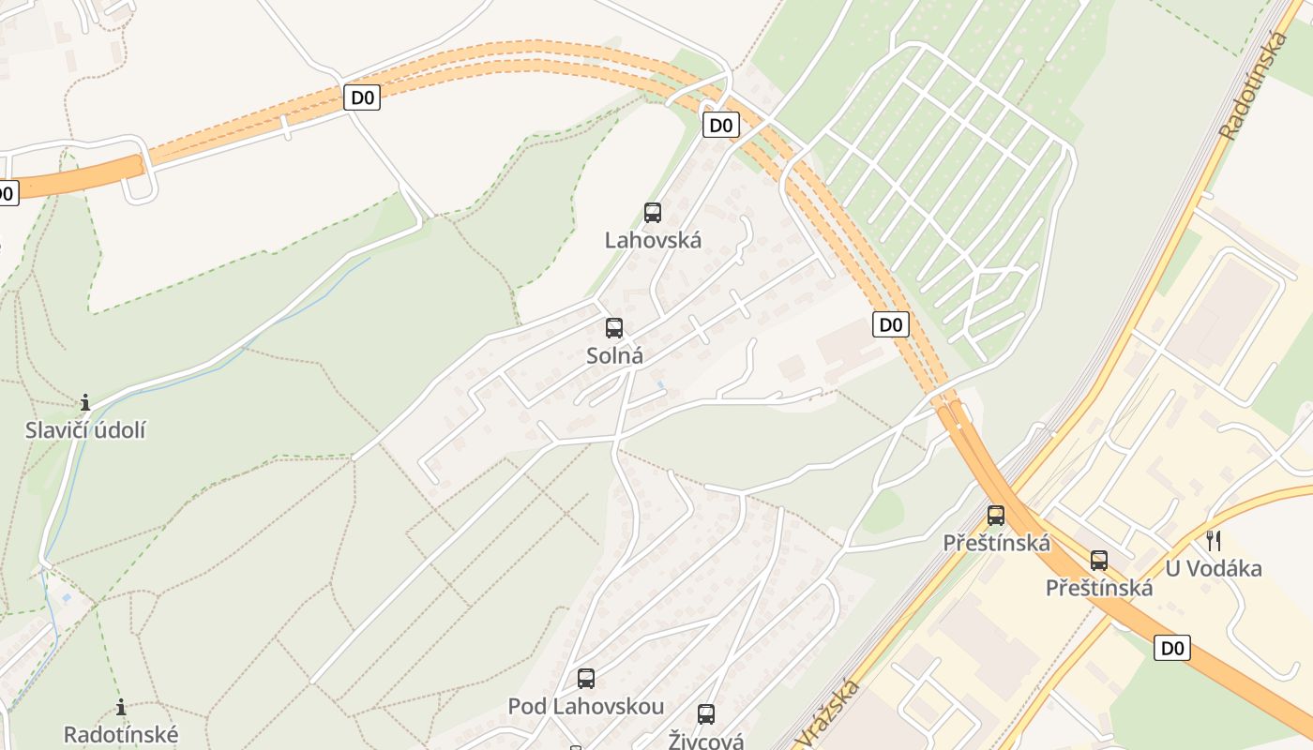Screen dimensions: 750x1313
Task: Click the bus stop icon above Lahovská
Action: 653,213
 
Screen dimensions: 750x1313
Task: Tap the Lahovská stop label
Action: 653,240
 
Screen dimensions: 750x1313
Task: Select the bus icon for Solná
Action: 614,328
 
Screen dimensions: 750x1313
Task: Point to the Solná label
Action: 614,356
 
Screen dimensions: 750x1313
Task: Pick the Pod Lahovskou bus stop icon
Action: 586,679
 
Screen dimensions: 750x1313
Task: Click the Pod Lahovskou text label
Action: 586,706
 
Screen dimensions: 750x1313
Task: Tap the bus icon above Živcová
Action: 706,714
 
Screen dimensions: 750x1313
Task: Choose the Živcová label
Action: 706,741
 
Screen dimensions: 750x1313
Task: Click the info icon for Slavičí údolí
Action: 85,403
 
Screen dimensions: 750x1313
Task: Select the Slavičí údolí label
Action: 85,431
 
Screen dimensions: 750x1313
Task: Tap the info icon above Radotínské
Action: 120,707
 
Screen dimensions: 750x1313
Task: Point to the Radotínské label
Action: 120,734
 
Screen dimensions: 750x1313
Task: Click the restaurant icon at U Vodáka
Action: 1214,540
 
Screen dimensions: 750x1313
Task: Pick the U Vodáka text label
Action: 1214,568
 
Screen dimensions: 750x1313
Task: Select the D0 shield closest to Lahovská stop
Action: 720,125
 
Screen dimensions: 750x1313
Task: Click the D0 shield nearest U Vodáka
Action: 1172,648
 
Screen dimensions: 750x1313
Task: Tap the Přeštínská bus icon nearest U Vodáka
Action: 1099,561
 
